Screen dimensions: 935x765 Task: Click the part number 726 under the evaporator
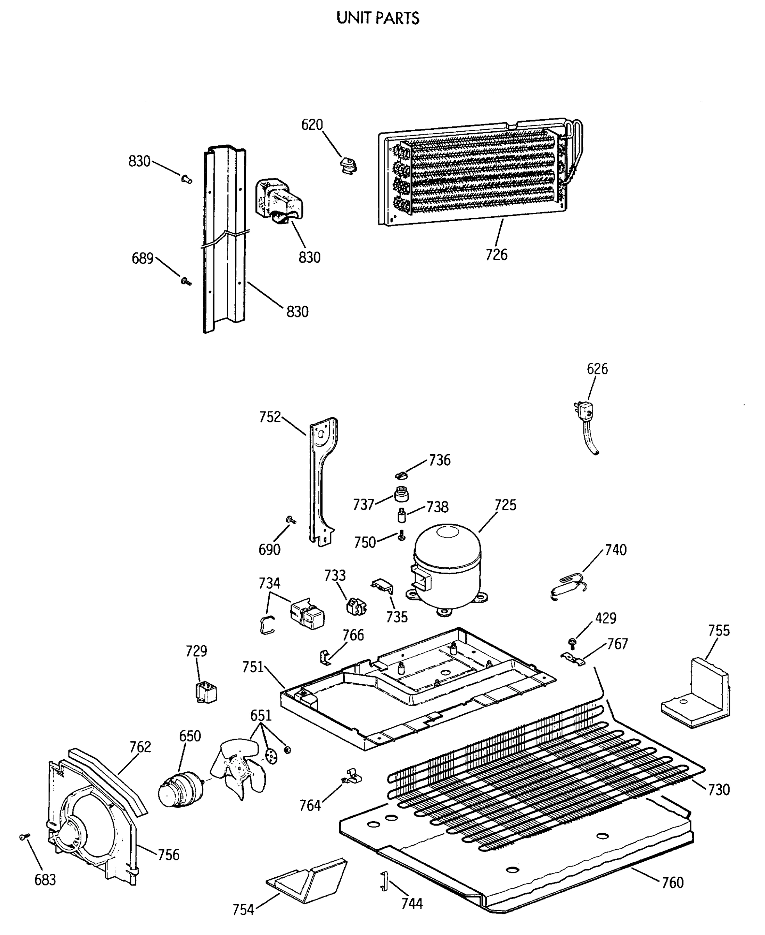click(496, 254)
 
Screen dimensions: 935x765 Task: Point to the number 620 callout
click(312, 125)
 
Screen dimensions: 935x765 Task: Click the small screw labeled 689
click(185, 281)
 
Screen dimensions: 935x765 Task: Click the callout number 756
click(168, 855)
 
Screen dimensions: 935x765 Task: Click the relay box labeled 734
click(307, 613)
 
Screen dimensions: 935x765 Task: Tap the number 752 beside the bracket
click(270, 416)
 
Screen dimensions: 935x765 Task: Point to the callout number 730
click(719, 789)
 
